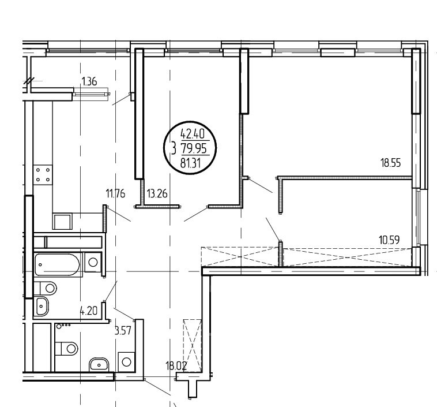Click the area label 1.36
click(x=89, y=82)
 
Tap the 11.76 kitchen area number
click(x=116, y=193)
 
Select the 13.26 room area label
click(x=157, y=193)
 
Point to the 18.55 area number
click(x=390, y=162)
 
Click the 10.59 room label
click(x=389, y=240)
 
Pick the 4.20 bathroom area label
click(x=89, y=311)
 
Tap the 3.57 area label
click(x=123, y=331)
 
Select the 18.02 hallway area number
click(x=176, y=365)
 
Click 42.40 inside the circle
click(x=193, y=134)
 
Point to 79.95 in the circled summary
click(x=194, y=148)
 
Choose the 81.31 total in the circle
click(x=191, y=162)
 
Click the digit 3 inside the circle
click(x=174, y=148)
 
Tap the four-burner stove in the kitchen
click(x=43, y=175)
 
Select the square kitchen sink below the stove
click(x=62, y=222)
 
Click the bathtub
click(x=58, y=264)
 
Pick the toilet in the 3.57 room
click(x=66, y=348)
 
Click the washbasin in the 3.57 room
click(x=99, y=365)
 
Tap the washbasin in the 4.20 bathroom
click(x=42, y=305)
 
